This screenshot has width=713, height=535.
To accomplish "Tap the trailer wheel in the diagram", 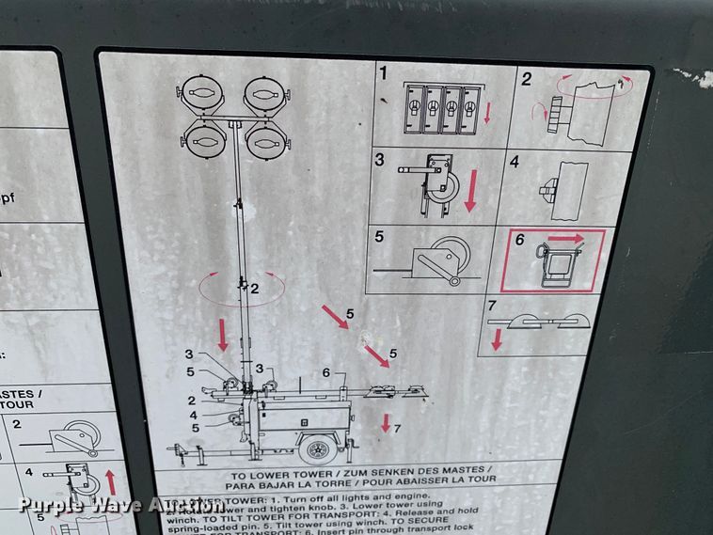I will (320, 449).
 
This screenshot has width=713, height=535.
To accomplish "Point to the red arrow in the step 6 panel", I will (567, 239).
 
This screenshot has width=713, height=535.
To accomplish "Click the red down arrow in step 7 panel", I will (496, 340).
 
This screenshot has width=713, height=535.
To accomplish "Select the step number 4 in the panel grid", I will (515, 161).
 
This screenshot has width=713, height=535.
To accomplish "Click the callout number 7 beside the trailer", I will (397, 429).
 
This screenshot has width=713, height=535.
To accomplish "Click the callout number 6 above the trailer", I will (325, 372).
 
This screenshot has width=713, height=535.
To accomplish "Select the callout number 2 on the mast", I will (254, 289).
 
